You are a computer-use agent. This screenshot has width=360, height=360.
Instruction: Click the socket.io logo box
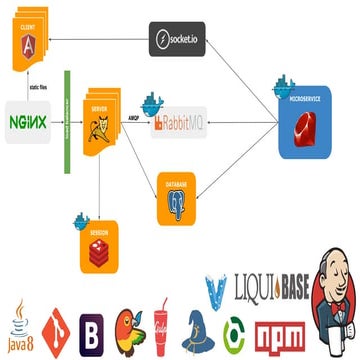pos(177,39)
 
